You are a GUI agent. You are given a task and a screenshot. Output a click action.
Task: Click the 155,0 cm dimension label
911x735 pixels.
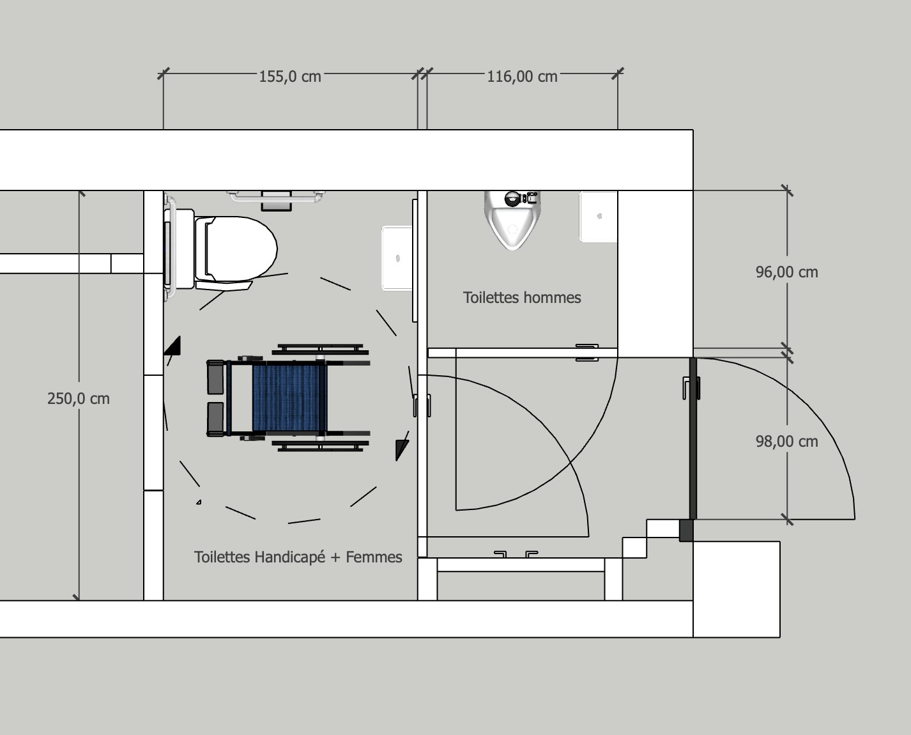coord(290,77)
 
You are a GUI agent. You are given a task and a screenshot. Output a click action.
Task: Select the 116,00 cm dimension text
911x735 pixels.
coord(522,77)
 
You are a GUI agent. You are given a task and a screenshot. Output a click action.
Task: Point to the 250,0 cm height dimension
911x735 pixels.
coord(79,399)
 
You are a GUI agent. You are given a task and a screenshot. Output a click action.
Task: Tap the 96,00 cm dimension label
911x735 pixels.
coord(786,272)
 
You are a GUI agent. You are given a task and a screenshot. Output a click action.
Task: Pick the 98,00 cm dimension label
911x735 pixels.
coord(786,442)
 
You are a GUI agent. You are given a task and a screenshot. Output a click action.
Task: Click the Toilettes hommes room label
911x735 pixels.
coord(522,297)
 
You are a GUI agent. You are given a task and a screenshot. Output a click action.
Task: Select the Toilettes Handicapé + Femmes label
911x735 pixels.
coord(298,557)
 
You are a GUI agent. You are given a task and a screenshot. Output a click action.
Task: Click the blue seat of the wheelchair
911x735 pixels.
coord(289,398)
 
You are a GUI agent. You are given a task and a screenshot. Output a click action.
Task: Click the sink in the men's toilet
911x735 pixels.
coord(598,217)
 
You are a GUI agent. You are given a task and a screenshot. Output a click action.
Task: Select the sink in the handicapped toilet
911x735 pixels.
coord(397,258)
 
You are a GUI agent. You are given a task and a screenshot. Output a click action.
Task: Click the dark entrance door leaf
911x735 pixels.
coord(693,438)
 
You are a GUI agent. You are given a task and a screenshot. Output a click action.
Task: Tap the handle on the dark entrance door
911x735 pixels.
coord(691,388)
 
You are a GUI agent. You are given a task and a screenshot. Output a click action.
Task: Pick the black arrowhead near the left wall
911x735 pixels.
coord(173,346)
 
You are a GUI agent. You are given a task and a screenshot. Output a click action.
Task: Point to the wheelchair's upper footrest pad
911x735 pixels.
coord(215,377)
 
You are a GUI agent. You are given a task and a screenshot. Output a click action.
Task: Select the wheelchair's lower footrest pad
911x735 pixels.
coord(215,419)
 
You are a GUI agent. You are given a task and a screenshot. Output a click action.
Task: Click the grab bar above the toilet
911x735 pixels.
coord(276,197)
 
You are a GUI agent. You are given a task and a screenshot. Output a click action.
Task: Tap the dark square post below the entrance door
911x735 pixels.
coord(686,530)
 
